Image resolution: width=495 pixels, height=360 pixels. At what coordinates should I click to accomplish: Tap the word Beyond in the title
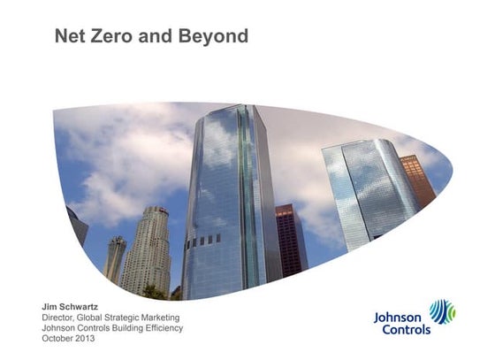pos(216,36)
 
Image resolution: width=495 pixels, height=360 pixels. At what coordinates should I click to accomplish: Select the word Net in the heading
pos(70,36)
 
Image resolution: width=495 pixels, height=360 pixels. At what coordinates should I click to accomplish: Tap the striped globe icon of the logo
pos(442,312)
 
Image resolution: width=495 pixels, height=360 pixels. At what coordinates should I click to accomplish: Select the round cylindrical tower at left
pos(146,252)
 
